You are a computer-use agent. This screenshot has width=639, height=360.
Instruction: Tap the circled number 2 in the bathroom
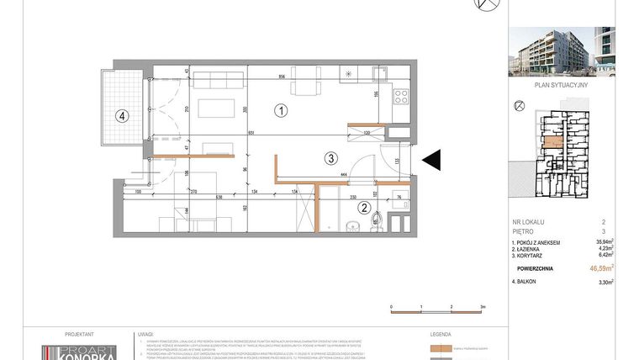(x=364, y=208)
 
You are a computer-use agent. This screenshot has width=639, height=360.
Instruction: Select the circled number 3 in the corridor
(x=332, y=157)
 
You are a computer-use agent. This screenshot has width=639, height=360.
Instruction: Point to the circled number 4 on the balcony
(x=123, y=116)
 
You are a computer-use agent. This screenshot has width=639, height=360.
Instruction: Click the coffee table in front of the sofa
(x=215, y=108)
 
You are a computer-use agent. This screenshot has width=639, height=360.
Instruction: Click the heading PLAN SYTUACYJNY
(x=562, y=85)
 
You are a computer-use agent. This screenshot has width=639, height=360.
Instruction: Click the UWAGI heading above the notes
(x=145, y=333)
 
